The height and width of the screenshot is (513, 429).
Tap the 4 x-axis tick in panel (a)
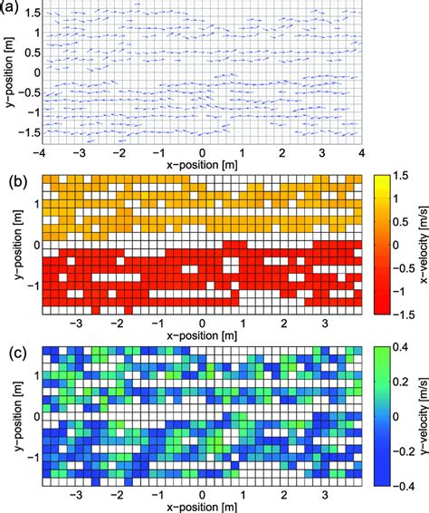coord(362,154)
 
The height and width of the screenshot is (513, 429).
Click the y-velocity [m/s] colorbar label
coord(422,414)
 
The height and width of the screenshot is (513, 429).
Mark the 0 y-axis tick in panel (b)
coord(35,245)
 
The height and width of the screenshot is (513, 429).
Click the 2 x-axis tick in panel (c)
coord(284,496)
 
